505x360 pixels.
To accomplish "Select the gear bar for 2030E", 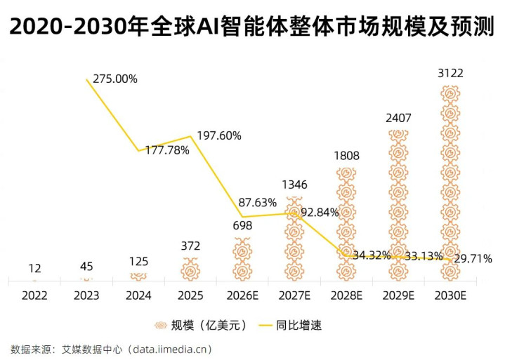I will pos(450,182).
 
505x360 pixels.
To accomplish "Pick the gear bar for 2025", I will pos(190,269).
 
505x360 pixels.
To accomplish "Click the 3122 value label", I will pos(450,74).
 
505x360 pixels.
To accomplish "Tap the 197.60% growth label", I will pos(219,135).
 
